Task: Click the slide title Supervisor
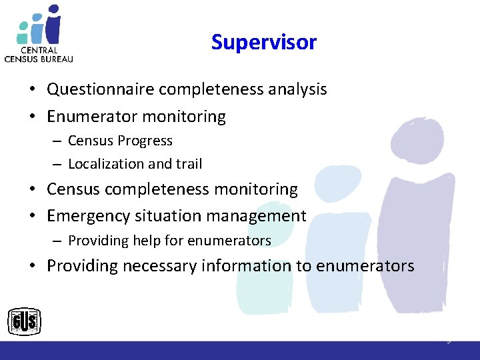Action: pos(263,42)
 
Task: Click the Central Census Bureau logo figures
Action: pos(41,24)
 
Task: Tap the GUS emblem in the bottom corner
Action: pos(24,323)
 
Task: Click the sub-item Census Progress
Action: pos(120,141)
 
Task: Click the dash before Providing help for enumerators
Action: pos(59,241)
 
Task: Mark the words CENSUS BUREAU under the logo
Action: pos(39,58)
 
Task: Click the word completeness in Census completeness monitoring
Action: pos(159,189)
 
